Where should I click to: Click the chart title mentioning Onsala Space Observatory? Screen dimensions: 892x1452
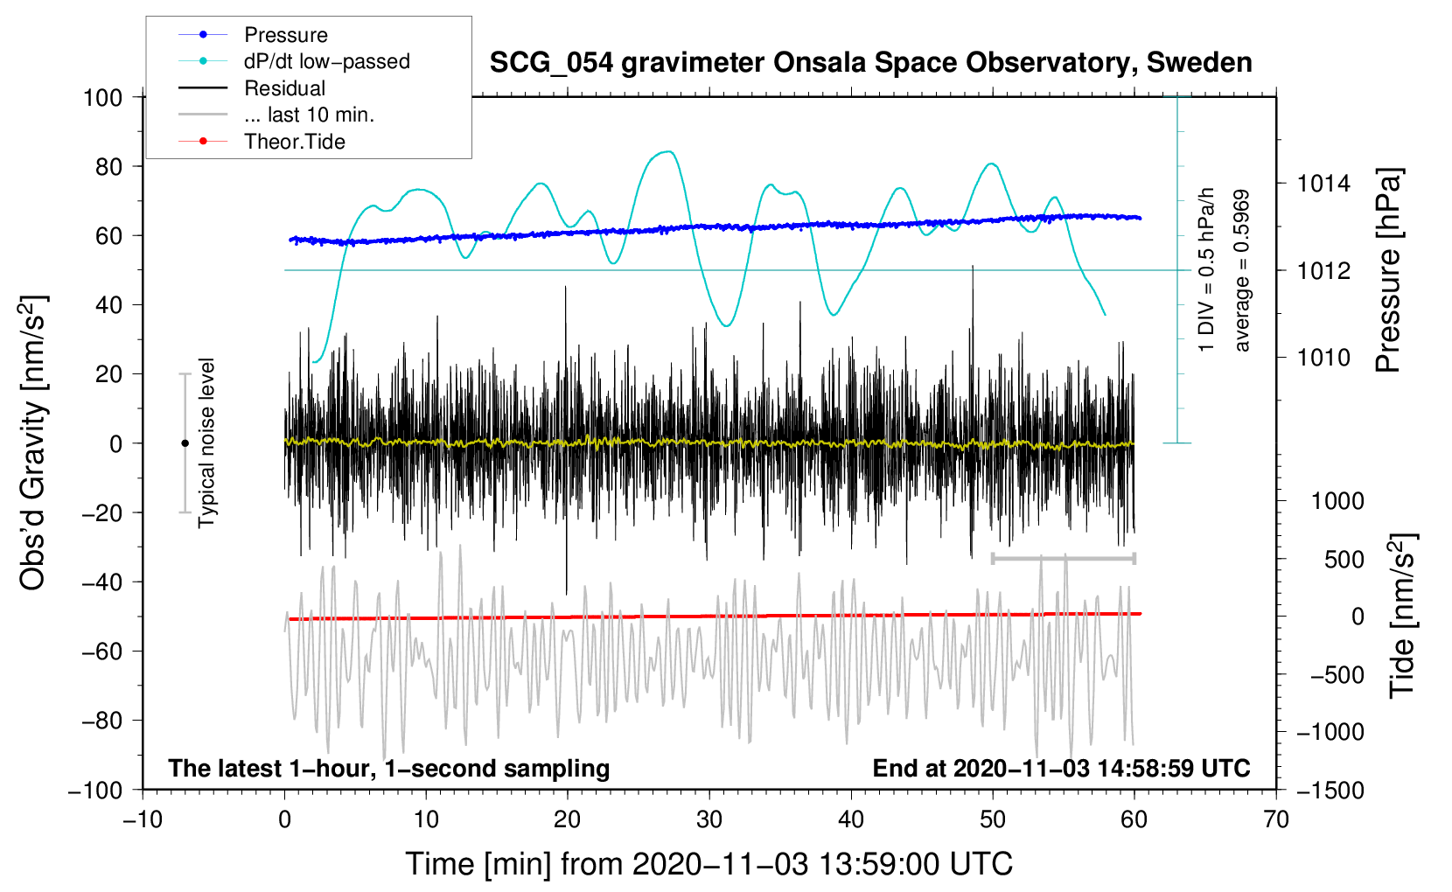click(x=870, y=63)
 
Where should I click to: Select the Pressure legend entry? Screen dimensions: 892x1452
click(x=285, y=35)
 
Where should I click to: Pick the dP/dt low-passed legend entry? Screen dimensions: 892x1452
click(x=326, y=61)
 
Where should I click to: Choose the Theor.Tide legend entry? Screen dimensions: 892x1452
click(x=294, y=142)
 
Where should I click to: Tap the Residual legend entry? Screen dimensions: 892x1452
click(x=284, y=88)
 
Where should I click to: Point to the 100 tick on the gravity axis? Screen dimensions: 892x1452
click(x=102, y=97)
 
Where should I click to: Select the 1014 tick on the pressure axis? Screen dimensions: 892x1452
click(x=1323, y=184)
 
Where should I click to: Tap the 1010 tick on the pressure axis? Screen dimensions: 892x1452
click(x=1323, y=357)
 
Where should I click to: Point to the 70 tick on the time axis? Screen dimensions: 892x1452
click(x=1276, y=819)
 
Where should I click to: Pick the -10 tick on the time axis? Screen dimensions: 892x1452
click(x=143, y=819)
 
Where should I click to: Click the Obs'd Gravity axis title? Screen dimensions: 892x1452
click(x=33, y=443)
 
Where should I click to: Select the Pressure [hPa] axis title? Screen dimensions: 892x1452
click(x=1389, y=271)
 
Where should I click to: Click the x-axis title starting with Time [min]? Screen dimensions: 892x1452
click(x=709, y=864)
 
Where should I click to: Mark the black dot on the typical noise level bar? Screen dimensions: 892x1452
click(x=185, y=443)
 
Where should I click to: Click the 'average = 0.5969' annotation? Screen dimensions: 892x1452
click(x=1242, y=271)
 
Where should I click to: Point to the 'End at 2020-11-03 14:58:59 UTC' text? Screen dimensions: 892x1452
click(x=1061, y=768)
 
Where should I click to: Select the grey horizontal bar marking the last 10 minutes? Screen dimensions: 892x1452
click(x=1064, y=558)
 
